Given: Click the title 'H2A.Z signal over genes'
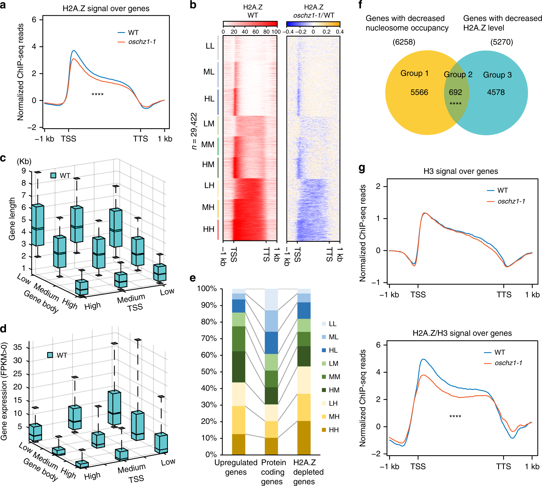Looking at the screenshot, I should (106, 8).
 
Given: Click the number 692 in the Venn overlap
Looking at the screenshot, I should (455, 92).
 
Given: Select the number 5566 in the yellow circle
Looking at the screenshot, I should (419, 92).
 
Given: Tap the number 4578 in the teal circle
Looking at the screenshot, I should (496, 92).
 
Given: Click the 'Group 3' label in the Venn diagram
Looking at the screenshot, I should (497, 75).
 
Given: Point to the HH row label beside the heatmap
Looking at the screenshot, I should (209, 229).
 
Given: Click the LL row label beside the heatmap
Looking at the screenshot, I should (210, 46).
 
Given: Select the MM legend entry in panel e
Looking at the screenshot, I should (334, 377).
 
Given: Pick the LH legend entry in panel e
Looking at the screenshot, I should (333, 403).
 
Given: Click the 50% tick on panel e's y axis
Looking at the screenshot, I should (209, 372).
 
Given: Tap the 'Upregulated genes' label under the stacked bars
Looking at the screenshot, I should (236, 467).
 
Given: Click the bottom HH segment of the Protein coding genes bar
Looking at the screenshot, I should (271, 446).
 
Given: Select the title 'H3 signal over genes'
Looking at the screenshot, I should (461, 171).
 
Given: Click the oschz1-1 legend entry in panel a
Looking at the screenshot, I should (142, 42).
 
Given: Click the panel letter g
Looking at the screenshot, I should (362, 168).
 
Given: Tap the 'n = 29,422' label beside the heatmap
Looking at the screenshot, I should (194, 131).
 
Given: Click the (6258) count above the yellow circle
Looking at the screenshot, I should (404, 42).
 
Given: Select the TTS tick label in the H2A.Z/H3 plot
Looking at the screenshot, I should (503, 467).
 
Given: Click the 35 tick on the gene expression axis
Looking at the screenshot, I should (18, 347).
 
